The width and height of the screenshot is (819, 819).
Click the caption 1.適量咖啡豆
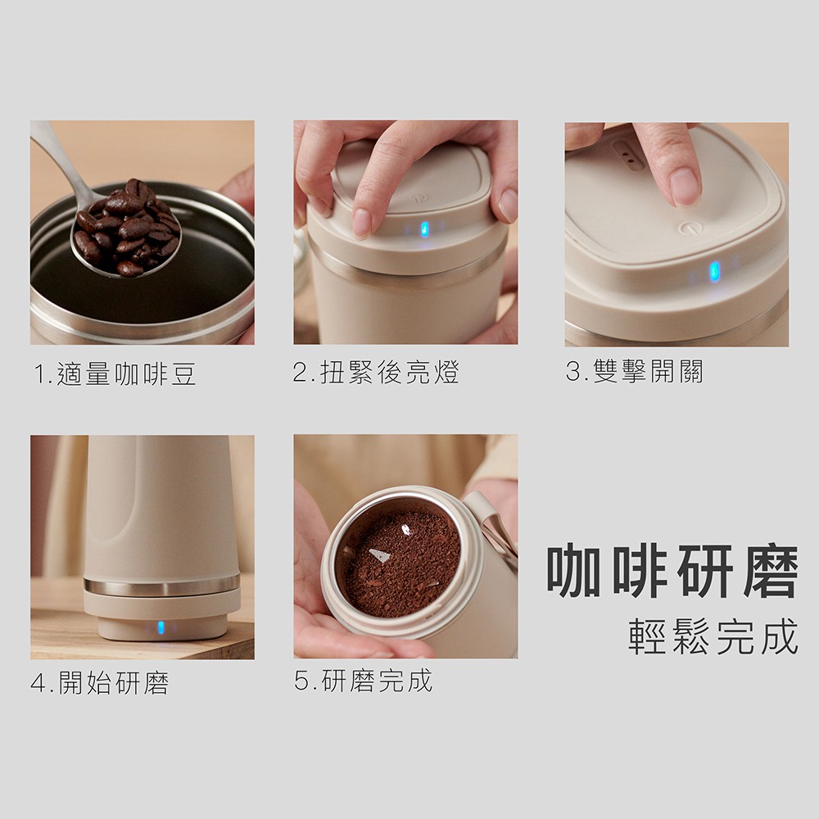[115, 374]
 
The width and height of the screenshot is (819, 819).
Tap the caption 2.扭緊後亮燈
[376, 373]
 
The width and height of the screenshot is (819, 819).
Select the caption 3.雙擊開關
[634, 371]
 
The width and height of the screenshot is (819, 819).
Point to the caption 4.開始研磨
[100, 683]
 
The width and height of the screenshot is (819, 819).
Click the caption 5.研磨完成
[364, 681]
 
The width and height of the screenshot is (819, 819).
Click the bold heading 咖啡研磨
[672, 572]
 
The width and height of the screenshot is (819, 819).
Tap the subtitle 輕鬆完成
[713, 636]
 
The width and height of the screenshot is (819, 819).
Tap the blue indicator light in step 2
[424, 229]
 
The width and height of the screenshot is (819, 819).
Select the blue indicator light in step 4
[161, 627]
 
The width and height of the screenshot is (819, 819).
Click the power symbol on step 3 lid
[688, 228]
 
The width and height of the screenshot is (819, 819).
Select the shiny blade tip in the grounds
[380, 556]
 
